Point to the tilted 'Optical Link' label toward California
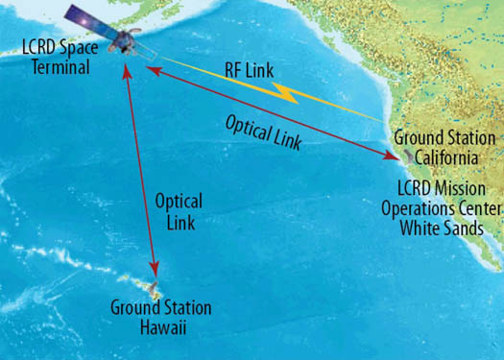[262, 132]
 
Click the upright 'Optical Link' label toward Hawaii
[179, 211]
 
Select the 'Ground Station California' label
[444, 146]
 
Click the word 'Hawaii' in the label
[160, 327]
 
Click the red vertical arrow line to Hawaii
[140, 173]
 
